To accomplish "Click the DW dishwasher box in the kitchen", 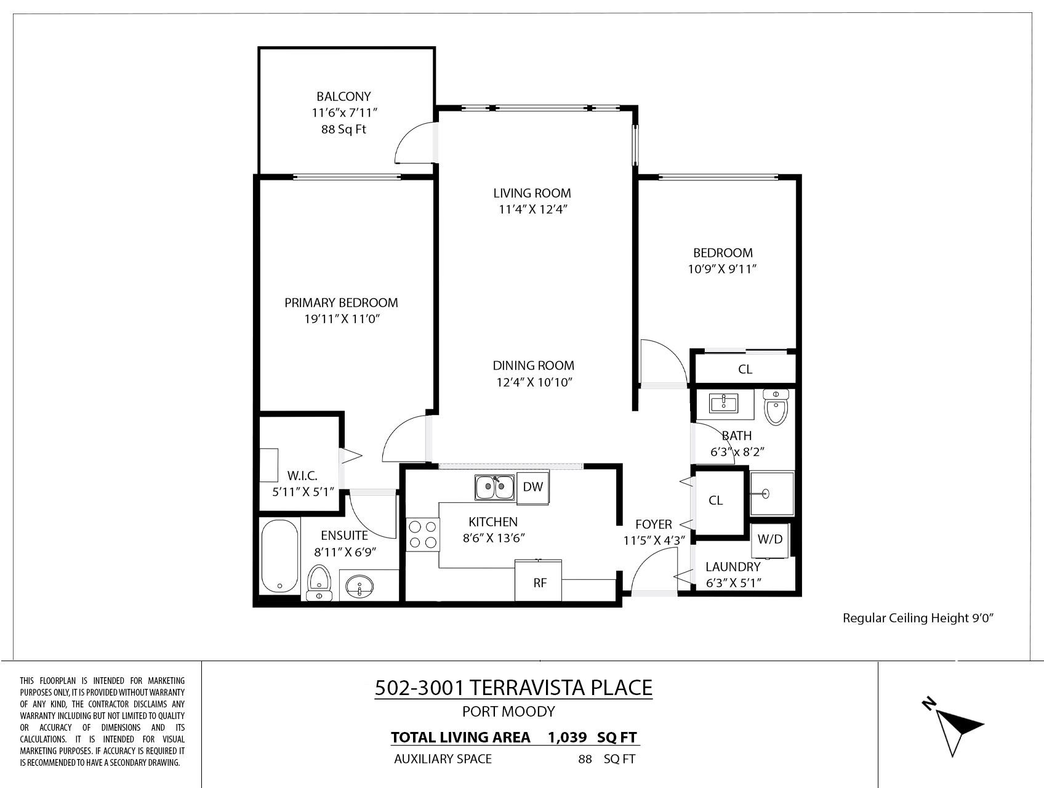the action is (x=533, y=487).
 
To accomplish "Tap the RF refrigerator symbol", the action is (x=539, y=580).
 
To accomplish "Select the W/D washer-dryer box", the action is (x=769, y=540).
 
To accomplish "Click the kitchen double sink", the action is (x=494, y=488).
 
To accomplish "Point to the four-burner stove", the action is (x=423, y=534).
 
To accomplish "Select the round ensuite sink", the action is (x=359, y=586).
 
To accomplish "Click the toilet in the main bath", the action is (x=776, y=407).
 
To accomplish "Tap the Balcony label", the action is (x=343, y=97).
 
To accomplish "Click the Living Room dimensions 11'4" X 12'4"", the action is (x=532, y=209).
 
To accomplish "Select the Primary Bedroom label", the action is (x=341, y=303).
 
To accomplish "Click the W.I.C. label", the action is (x=302, y=476).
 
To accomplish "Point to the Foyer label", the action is (x=654, y=525).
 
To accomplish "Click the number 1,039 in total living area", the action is (x=567, y=738).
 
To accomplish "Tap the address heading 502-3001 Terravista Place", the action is (x=513, y=688).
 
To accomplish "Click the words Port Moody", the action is (x=508, y=712).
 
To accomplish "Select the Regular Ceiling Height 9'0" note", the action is (x=918, y=618).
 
